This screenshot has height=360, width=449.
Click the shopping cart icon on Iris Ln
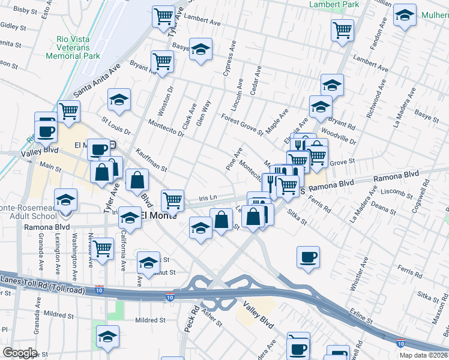pyautogui.click(x=173, y=199)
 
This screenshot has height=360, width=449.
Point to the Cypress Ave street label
pyautogui.click(x=231, y=59)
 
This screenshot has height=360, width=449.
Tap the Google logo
pyautogui.click(x=20, y=353)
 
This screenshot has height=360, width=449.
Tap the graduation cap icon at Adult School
pyautogui.click(x=66, y=200)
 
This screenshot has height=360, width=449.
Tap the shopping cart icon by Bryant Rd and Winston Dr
pyautogui.click(x=162, y=61)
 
